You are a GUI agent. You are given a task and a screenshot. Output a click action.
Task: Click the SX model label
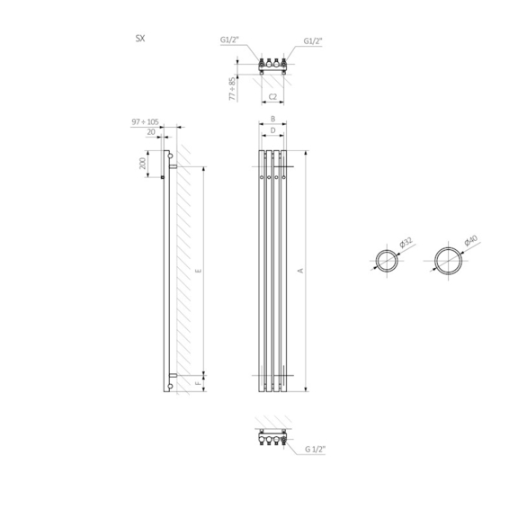tap(140, 39)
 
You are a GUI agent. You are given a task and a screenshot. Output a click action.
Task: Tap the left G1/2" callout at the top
tap(229, 40)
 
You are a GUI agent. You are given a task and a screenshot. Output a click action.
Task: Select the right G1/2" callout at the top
tap(313, 41)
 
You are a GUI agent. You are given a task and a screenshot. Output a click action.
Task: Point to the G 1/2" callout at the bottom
tap(315, 450)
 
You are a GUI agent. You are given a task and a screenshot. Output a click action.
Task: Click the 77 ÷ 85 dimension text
tap(233, 89)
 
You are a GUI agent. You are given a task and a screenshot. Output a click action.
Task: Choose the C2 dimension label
tap(272, 97)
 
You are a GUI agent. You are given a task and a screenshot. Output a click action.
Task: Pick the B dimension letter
tap(272, 119)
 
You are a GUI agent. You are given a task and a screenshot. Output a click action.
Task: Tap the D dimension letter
tap(272, 130)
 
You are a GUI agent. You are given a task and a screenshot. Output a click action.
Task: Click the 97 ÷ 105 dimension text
tap(145, 122)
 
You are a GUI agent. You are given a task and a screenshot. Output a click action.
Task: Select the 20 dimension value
tap(151, 132)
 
